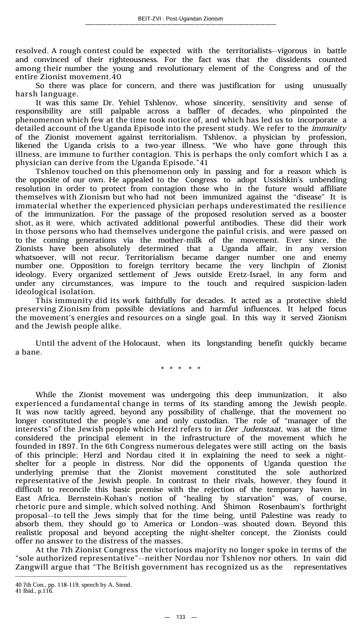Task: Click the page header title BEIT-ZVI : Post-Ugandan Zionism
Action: coord(180,19)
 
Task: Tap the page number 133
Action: coord(180,617)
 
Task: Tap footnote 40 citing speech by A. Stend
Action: coord(73,584)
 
